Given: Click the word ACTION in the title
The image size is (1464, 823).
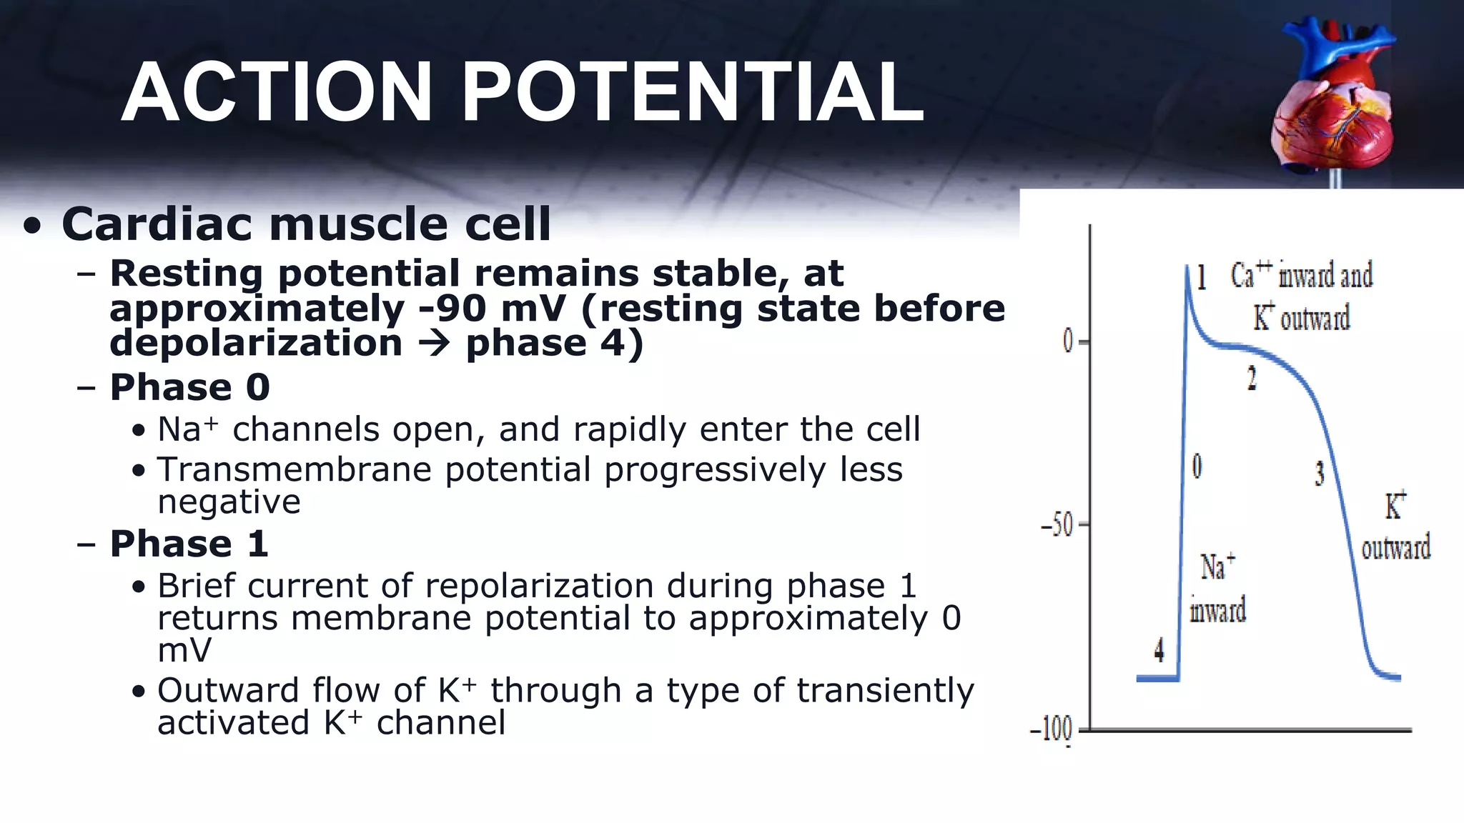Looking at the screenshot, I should point(276,94).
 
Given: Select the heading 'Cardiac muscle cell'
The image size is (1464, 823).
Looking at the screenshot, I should point(306,224).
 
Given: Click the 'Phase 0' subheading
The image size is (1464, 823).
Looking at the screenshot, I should point(189,387).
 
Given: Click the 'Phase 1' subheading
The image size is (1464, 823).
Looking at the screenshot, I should point(189,544).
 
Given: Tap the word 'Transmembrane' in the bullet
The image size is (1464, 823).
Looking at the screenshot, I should point(294,470).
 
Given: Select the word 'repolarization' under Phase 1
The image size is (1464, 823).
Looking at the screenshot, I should point(539,587).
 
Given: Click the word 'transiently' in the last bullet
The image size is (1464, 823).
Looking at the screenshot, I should point(885,691).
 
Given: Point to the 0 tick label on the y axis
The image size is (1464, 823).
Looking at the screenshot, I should point(1068,342).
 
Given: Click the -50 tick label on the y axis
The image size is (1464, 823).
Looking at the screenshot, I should point(1058,527).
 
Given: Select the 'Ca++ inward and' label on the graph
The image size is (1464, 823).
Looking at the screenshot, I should point(1301,275).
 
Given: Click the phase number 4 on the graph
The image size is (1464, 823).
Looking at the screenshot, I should point(1159,650).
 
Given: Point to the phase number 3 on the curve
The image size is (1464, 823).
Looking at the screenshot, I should point(1320,473).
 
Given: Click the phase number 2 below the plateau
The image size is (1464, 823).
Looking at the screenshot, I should point(1252,378).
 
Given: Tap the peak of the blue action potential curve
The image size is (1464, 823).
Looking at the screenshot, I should point(1187,269).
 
